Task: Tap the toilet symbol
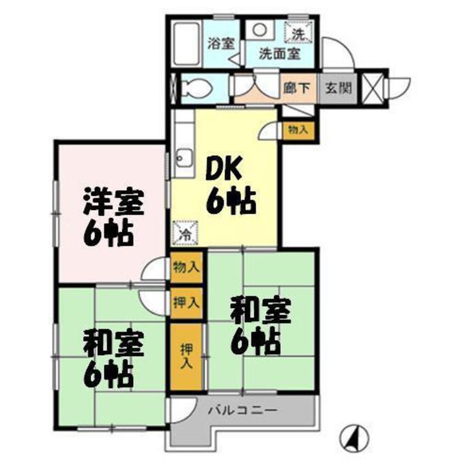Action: point(193,88)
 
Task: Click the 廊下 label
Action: point(298,88)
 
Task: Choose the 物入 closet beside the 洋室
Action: point(186,267)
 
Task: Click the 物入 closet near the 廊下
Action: point(298,130)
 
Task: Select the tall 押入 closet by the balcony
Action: point(186,356)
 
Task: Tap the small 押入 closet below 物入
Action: point(186,302)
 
